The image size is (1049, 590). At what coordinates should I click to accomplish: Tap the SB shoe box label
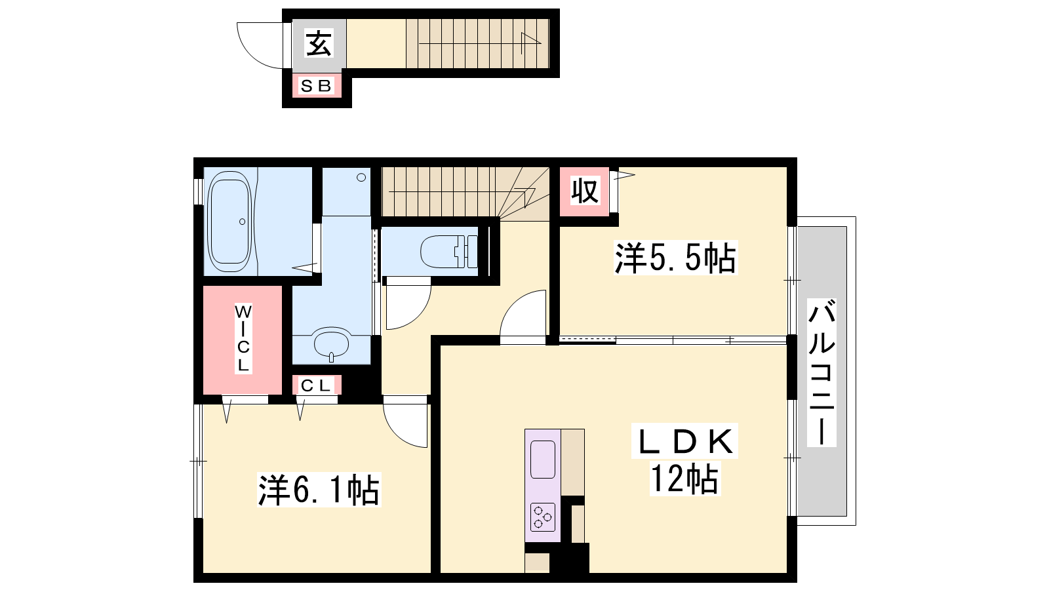316,86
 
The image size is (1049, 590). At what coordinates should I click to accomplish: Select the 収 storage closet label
585,191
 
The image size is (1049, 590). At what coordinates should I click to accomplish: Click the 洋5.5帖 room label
675,258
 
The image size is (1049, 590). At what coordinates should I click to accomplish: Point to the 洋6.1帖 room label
319,490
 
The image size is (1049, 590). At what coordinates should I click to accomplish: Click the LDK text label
684,441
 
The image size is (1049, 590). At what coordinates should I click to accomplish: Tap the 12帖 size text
684,479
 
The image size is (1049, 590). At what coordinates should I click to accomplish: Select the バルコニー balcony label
822,373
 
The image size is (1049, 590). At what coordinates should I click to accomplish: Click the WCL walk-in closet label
243,338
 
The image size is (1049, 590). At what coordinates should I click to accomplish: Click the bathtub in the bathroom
229,222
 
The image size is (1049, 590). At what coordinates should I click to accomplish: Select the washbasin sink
332,344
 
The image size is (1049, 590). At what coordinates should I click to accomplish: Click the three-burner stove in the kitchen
543,517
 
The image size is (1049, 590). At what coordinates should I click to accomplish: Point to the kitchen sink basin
543,459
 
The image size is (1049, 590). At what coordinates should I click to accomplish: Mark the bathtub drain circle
242,222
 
